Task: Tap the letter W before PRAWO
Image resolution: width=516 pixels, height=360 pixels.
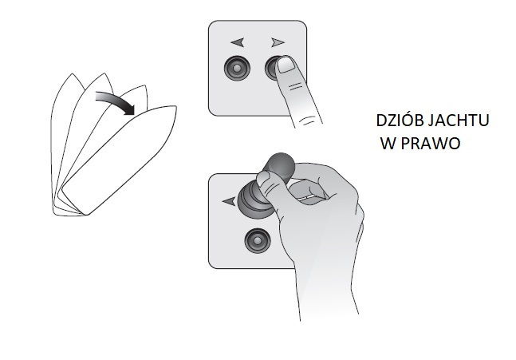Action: click(x=390, y=143)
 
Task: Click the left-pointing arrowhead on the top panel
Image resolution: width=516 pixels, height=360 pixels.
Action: click(x=238, y=42)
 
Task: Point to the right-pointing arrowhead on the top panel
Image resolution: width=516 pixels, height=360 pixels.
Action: click(x=278, y=42)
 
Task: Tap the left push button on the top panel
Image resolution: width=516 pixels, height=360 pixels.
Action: click(x=237, y=69)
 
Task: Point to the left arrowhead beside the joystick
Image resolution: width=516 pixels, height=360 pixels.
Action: click(x=229, y=200)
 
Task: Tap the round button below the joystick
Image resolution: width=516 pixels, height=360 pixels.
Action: click(x=258, y=241)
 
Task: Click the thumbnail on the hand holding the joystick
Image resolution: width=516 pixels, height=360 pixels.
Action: click(x=263, y=178)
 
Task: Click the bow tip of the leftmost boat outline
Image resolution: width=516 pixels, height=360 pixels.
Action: click(x=72, y=73)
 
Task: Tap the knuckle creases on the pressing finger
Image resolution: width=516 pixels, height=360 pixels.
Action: click(x=295, y=86)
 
